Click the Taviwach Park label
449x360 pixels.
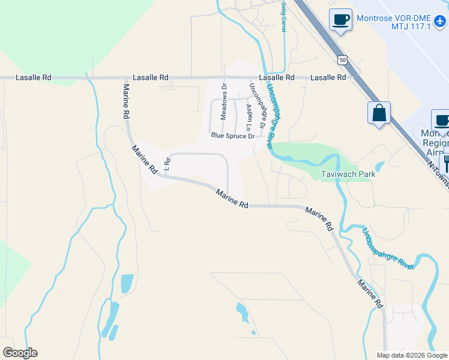(x=348, y=175)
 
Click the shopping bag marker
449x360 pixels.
(x=379, y=112)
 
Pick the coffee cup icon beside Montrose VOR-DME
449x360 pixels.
(x=340, y=19)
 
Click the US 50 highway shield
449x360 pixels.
(x=342, y=60)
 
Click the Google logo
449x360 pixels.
(x=20, y=353)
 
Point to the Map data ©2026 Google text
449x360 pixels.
(x=411, y=355)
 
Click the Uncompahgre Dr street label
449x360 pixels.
(x=257, y=105)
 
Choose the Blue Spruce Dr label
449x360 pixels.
(x=233, y=136)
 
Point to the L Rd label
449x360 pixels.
(x=167, y=163)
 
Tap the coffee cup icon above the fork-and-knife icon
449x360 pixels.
(x=442, y=119)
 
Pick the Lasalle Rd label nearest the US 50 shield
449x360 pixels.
(x=328, y=78)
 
